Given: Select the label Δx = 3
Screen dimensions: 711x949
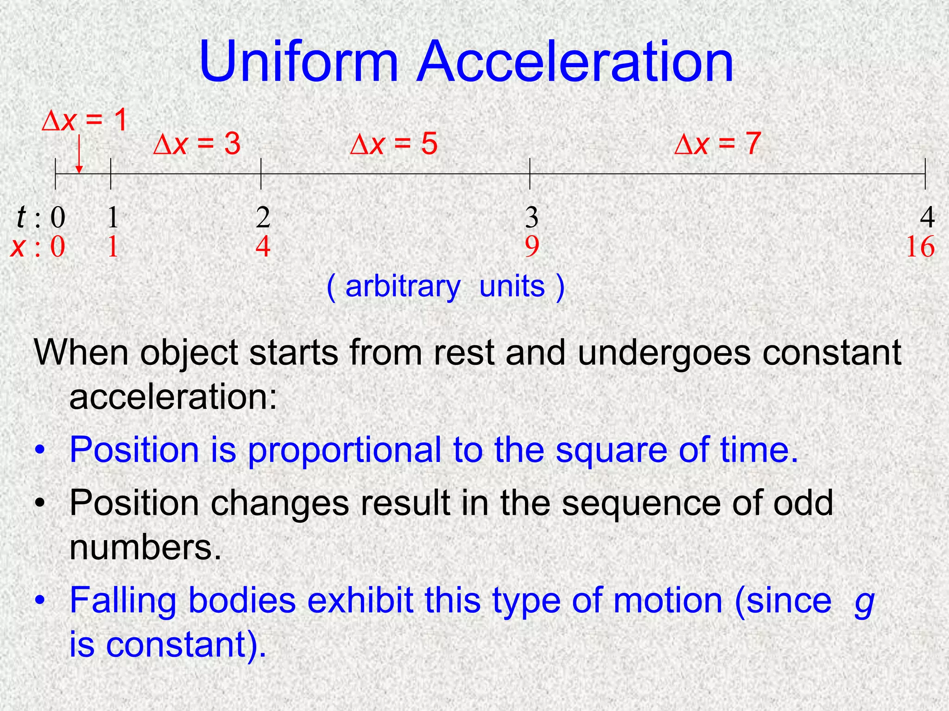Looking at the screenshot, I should click(x=197, y=144).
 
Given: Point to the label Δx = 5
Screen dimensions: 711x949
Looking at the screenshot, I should click(x=394, y=144).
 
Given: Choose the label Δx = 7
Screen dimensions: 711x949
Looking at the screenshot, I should click(x=717, y=144).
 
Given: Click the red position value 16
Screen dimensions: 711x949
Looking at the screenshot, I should click(x=920, y=247).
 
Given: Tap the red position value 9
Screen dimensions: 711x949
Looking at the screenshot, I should click(x=531, y=247).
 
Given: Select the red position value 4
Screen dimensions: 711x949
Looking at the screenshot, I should click(x=263, y=247).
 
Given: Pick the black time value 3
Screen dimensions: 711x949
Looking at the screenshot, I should click(x=531, y=217).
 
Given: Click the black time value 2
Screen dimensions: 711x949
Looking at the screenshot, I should click(x=263, y=217).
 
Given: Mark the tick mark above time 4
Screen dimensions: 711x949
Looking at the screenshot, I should click(x=925, y=174).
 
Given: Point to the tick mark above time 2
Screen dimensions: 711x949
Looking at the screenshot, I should click(x=261, y=174).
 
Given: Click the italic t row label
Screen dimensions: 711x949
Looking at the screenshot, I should click(x=21, y=217).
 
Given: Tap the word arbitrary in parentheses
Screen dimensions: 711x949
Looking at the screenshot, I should click(x=403, y=287).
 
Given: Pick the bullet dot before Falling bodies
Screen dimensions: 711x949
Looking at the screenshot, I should click(x=41, y=600).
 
